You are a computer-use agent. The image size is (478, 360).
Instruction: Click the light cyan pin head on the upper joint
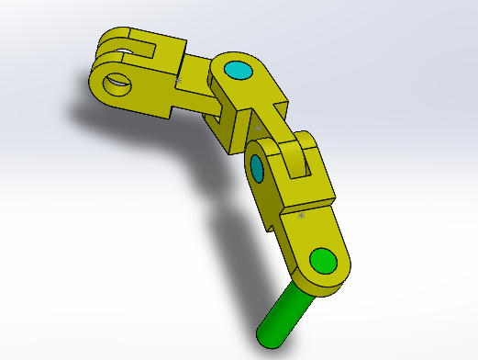click(237, 70)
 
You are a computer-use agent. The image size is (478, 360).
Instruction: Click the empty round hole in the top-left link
click(117, 84)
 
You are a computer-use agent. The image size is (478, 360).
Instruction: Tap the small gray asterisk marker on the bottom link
click(301, 215)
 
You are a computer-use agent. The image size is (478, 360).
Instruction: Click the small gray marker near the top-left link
click(178, 83)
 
